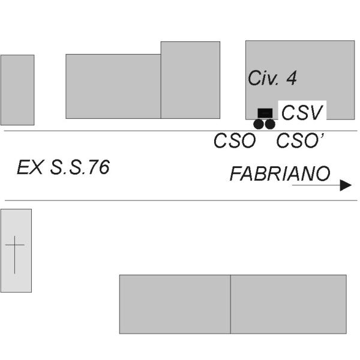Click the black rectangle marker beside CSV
[x=265, y=113]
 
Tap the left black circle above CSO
[x=259, y=124]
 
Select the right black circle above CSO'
[x=270, y=124]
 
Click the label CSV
[x=302, y=113]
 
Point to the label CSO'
[x=300, y=140]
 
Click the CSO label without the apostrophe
[x=235, y=140]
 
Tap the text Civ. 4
[x=272, y=78]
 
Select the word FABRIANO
[x=280, y=173]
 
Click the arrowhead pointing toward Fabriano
[x=346, y=185]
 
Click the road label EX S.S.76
[x=63, y=167]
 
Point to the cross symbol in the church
[x=14, y=254]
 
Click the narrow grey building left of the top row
[x=17, y=90]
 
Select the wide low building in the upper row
[x=113, y=86]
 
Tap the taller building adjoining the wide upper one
[x=190, y=80]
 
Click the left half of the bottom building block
[x=175, y=304]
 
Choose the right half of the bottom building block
[x=289, y=304]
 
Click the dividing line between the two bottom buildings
[x=230, y=304]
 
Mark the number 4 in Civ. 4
[x=292, y=78]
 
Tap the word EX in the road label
[x=30, y=167]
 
